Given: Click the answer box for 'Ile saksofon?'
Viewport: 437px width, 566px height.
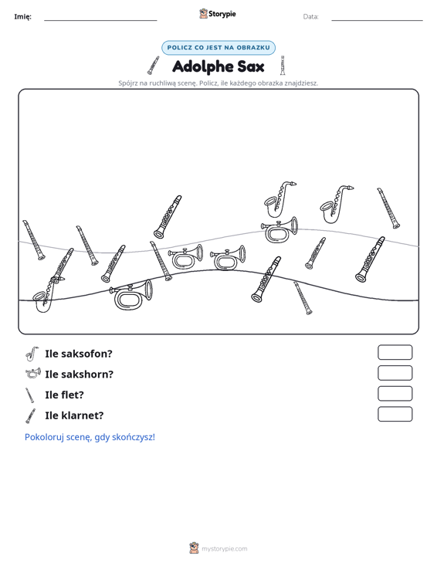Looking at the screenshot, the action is pyautogui.click(x=395, y=352).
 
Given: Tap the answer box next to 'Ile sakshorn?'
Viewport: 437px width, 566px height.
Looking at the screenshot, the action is pyautogui.click(x=395, y=373).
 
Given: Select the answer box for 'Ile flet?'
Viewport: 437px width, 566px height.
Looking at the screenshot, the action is pyautogui.click(x=395, y=394).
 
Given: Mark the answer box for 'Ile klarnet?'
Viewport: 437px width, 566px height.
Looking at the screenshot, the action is pyautogui.click(x=395, y=414).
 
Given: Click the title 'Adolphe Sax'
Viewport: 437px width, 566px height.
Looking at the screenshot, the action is pyautogui.click(x=218, y=66).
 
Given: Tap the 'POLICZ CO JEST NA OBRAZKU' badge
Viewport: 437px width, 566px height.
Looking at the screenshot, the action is pyautogui.click(x=218, y=48).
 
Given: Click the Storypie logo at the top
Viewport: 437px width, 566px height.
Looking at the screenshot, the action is pyautogui.click(x=217, y=14).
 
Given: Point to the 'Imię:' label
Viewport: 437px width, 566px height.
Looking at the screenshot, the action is pyautogui.click(x=22, y=17).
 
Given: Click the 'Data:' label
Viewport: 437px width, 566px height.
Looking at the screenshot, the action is pyautogui.click(x=310, y=17).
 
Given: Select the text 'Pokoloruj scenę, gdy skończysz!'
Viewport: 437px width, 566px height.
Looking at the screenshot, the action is pyautogui.click(x=90, y=437).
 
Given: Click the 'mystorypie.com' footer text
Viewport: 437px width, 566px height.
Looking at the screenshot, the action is pyautogui.click(x=224, y=549).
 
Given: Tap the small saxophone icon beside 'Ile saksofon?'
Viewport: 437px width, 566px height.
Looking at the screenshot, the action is pyautogui.click(x=32, y=354).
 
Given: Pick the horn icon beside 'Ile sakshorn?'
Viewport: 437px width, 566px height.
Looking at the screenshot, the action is pyautogui.click(x=33, y=373).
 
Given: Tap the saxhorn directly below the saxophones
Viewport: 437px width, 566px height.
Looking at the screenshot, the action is pyautogui.click(x=279, y=229).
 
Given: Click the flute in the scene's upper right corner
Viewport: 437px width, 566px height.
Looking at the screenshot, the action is pyautogui.click(x=388, y=208).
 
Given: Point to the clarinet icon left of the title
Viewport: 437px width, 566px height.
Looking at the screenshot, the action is pyautogui.click(x=153, y=66).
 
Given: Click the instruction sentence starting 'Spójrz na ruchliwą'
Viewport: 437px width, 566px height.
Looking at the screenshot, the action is pyautogui.click(x=218, y=83).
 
